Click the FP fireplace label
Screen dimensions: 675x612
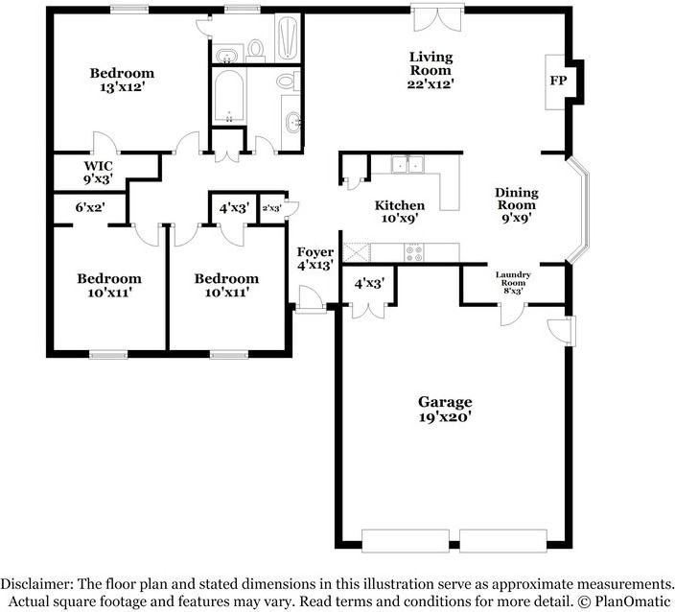point(558,81)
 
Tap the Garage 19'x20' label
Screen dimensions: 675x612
point(445,410)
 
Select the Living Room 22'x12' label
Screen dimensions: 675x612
point(431,70)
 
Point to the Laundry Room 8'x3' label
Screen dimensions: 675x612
point(513,283)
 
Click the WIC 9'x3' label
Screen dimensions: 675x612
point(98,173)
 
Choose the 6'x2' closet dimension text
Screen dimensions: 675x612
point(90,207)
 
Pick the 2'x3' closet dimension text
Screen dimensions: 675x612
point(272,208)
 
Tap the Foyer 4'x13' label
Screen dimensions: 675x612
point(315,258)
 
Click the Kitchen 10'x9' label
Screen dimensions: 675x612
point(400,211)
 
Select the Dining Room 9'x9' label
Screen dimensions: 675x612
point(516,205)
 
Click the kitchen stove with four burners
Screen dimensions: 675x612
point(414,252)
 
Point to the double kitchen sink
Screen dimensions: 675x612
point(407,165)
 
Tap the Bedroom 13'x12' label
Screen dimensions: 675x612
point(122,80)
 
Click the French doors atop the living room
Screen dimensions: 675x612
point(438,17)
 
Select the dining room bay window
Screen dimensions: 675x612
point(579,210)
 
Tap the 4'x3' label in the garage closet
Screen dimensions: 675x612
point(369,283)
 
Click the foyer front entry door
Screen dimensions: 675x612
point(310,298)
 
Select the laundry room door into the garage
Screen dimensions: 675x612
point(512,315)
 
